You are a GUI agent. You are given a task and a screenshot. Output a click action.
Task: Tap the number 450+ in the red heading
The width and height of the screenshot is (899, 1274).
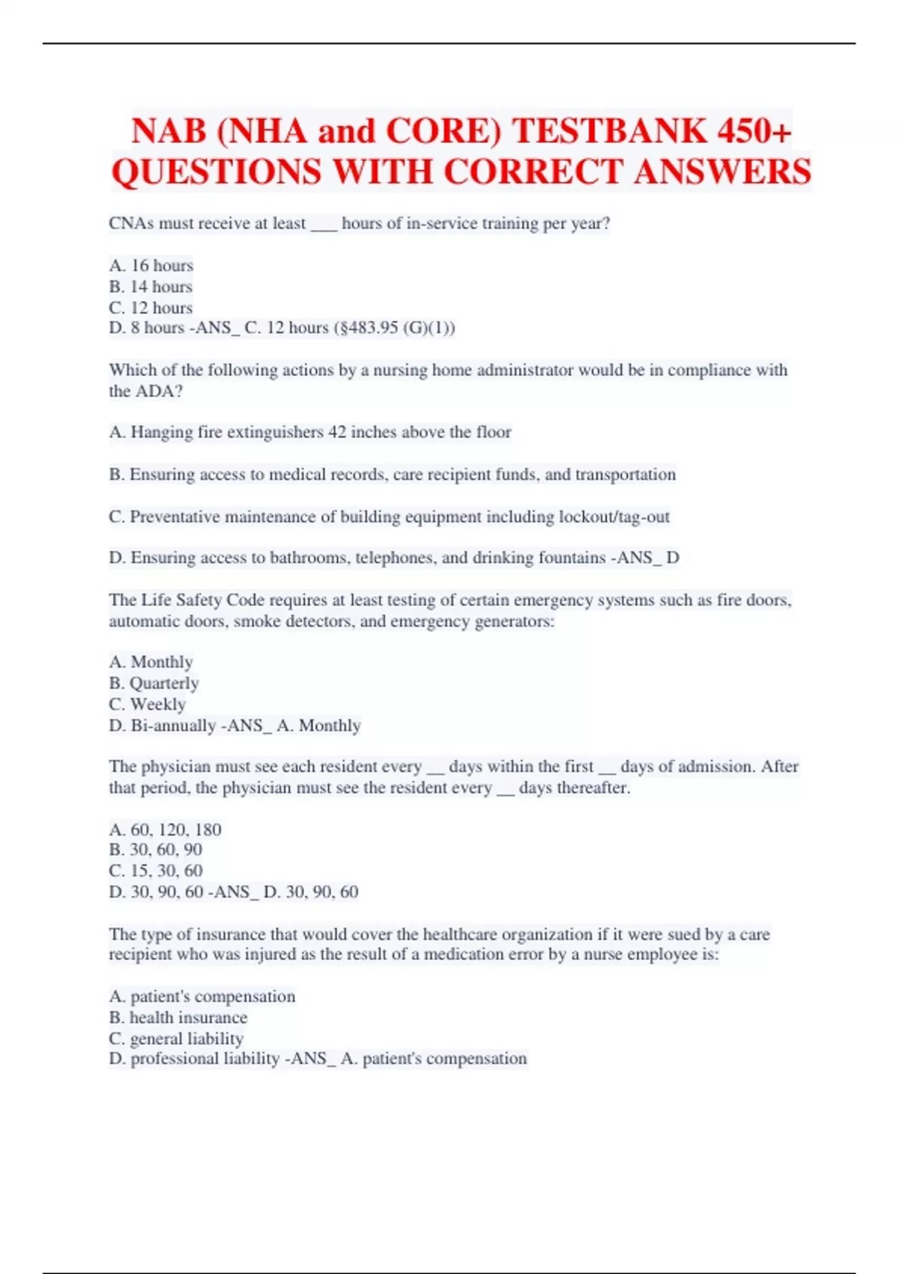pyautogui.click(x=754, y=131)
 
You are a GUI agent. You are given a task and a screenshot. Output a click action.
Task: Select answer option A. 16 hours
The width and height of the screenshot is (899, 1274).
pyautogui.click(x=151, y=265)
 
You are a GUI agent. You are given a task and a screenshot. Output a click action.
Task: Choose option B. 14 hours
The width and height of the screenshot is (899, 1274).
pyautogui.click(x=151, y=286)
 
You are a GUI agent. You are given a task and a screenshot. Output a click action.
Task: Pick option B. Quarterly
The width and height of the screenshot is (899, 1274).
pyautogui.click(x=154, y=683)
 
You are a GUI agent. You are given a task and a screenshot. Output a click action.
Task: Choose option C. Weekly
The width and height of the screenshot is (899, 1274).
pyautogui.click(x=147, y=704)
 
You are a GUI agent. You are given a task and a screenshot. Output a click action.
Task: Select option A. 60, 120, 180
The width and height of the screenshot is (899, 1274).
pyautogui.click(x=165, y=830)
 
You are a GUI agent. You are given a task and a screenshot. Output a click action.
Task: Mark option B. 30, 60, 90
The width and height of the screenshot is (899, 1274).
pyautogui.click(x=156, y=849)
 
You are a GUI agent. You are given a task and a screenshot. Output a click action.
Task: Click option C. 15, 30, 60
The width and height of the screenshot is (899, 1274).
pyautogui.click(x=156, y=870)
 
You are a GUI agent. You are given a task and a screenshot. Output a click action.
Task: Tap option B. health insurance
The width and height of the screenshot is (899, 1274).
pyautogui.click(x=178, y=1017)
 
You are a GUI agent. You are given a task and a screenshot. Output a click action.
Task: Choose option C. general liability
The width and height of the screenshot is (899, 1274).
pyautogui.click(x=176, y=1038)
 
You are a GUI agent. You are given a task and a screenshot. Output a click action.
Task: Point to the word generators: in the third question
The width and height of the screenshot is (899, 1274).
pyautogui.click(x=515, y=621)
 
